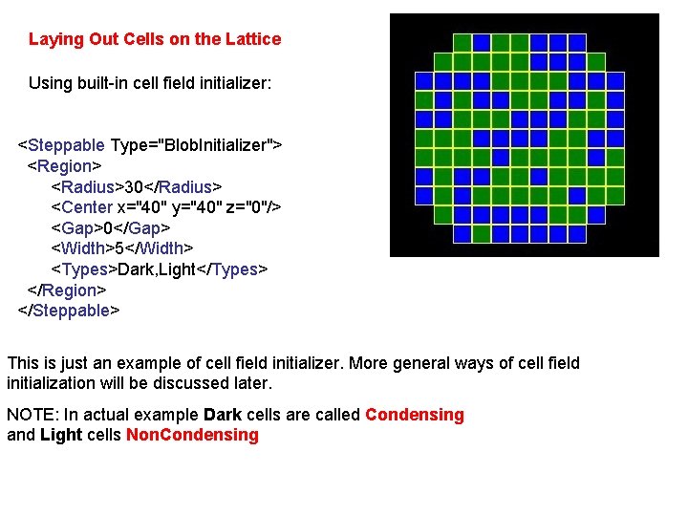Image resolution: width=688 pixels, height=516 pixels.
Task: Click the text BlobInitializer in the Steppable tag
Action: [x=217, y=145]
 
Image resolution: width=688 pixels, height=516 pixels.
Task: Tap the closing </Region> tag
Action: [x=67, y=290]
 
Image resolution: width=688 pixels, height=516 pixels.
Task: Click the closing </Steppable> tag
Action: [x=69, y=311]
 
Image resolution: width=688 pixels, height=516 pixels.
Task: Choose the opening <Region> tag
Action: [x=64, y=166]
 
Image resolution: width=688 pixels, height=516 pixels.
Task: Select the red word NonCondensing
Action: [x=192, y=436]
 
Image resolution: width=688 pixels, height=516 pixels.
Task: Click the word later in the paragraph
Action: [x=250, y=383]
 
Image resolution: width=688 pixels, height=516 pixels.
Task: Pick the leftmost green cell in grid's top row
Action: [x=462, y=43]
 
